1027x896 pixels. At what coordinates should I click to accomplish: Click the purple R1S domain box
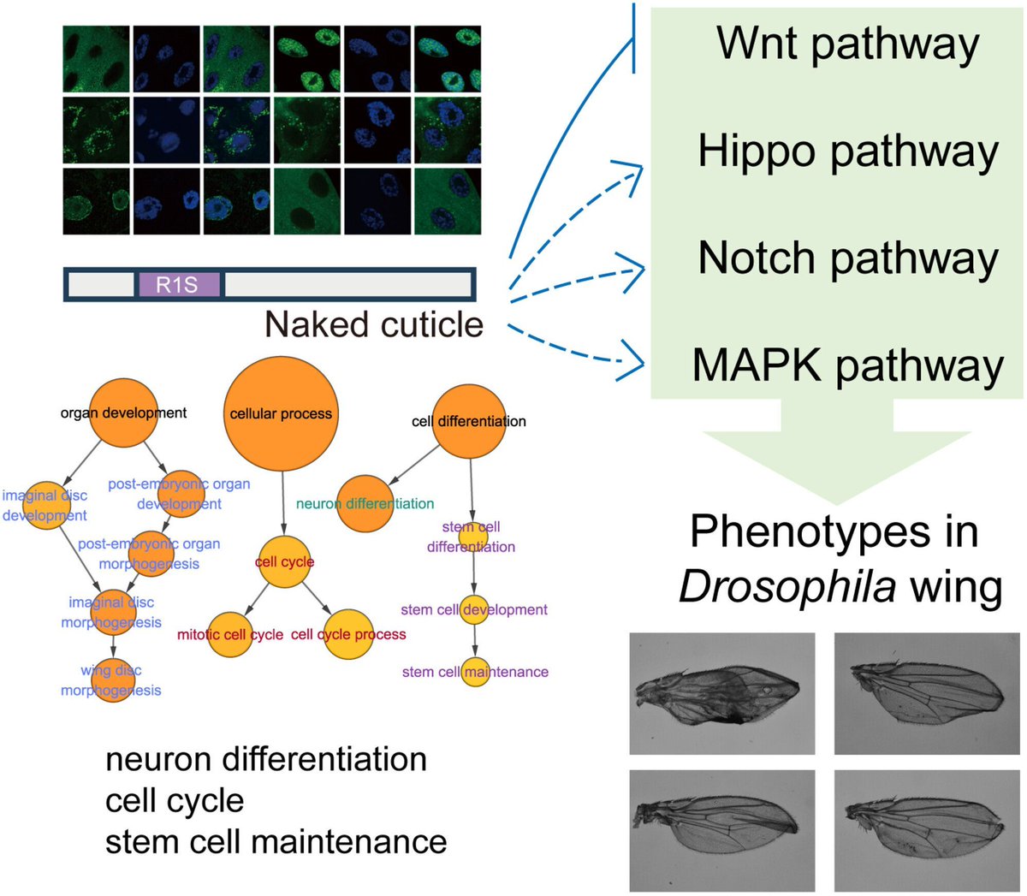pyautogui.click(x=179, y=284)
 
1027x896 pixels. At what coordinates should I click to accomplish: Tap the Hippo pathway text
pyautogui.click(x=847, y=151)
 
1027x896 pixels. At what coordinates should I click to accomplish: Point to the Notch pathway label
pyautogui.click(x=847, y=258)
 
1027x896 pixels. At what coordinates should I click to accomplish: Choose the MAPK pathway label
pyautogui.click(x=847, y=365)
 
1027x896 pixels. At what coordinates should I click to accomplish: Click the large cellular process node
pyautogui.click(x=281, y=414)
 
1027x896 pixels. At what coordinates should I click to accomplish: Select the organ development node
pyautogui.click(x=124, y=412)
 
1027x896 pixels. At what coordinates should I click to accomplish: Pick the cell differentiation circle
pyautogui.click(x=468, y=421)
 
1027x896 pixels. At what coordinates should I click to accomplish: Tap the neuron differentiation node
pyautogui.click(x=365, y=503)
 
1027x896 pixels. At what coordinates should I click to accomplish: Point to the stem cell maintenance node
pyautogui.click(x=474, y=672)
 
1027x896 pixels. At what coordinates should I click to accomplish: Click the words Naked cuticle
pyautogui.click(x=374, y=324)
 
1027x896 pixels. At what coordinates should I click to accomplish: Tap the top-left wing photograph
pyautogui.click(x=721, y=694)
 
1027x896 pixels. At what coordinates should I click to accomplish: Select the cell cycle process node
pyautogui.click(x=349, y=634)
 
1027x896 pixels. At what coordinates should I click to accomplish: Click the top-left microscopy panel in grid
pyautogui.click(x=96, y=59)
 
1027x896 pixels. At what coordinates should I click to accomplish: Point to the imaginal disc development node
pyautogui.click(x=45, y=505)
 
